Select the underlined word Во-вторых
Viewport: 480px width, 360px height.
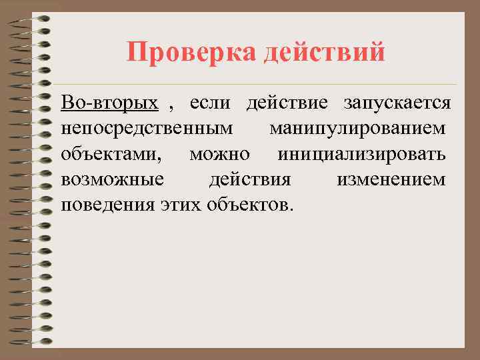[109, 103]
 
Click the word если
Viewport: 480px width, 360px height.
[210, 103]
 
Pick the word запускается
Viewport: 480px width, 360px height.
[397, 103]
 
